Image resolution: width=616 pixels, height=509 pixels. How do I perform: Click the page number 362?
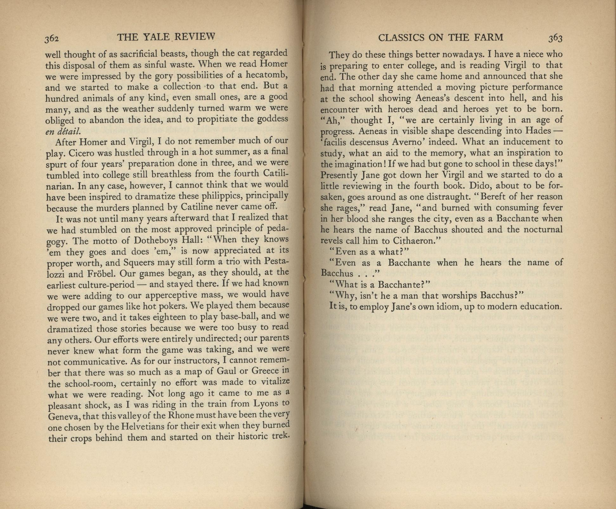[x=52, y=38]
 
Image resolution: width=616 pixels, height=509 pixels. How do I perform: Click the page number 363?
[x=555, y=38]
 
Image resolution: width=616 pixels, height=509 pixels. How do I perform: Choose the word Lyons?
[x=266, y=404]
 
